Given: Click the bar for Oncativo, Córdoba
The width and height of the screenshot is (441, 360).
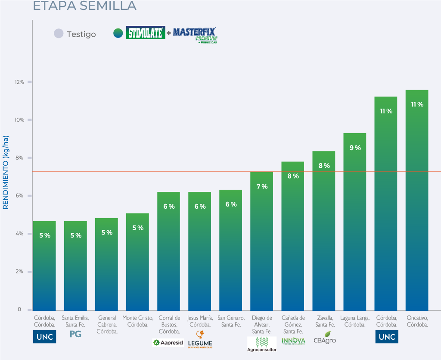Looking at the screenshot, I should point(417,200).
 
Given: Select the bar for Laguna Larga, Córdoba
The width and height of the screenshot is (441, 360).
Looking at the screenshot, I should point(354,222).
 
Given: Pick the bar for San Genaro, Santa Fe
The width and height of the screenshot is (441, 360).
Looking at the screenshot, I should point(230,250).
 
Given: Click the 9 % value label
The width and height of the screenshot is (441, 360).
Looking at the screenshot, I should point(355,148).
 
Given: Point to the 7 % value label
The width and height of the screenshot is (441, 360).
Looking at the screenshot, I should point(262,186).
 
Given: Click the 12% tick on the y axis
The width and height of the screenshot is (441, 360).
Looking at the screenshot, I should point(19,81).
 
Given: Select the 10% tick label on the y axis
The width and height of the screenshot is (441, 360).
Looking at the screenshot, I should point(19,119).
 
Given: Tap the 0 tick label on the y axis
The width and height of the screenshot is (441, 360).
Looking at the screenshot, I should point(19,310).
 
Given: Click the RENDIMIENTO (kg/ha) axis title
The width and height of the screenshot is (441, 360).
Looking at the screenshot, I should point(6,172).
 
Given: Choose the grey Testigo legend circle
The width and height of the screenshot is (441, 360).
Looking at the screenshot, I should point(59,34).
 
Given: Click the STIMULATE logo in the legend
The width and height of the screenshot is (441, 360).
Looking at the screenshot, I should point(146,33).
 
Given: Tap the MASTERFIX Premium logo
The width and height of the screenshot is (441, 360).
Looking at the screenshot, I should point(195,34).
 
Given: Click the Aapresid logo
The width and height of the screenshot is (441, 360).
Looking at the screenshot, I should point(168,343).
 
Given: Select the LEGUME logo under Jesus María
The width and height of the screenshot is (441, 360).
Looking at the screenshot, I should point(200,340).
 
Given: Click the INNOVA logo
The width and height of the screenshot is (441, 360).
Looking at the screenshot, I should point(293,341).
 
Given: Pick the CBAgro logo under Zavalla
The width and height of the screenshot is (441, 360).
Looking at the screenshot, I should point(324,338).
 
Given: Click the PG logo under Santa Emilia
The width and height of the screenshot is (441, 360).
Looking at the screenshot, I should point(75,334).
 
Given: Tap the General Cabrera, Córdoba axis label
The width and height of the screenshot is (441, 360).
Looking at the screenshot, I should point(106,325).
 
